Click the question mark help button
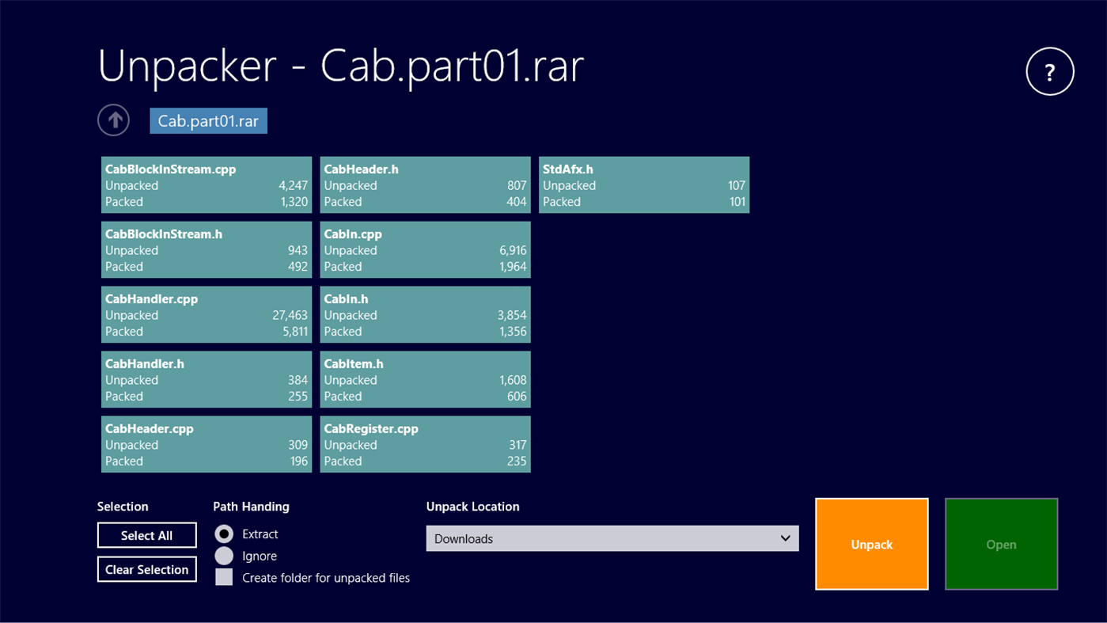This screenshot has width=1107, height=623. pyautogui.click(x=1050, y=71)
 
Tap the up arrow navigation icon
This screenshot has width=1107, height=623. pyautogui.click(x=114, y=120)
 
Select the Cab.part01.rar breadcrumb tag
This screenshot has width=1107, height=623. pyautogui.click(x=209, y=120)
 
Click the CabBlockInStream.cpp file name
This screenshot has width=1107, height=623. pyautogui.click(x=170, y=169)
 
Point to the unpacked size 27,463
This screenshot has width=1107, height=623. pyautogui.click(x=290, y=315)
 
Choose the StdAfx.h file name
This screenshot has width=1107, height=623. pyautogui.click(x=568, y=169)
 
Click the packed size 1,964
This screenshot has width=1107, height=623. pyautogui.click(x=513, y=267)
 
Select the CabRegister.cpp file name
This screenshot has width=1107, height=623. pyautogui.click(x=371, y=429)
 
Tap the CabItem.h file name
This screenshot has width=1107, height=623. pyautogui.click(x=354, y=364)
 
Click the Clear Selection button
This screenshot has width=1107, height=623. pyautogui.click(x=146, y=569)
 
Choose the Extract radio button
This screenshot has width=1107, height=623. pyautogui.click(x=224, y=534)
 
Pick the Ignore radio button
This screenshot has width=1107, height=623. pyautogui.click(x=224, y=556)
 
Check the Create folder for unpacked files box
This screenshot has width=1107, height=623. pyautogui.click(x=224, y=577)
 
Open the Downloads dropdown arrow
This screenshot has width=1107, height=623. pyautogui.click(x=785, y=538)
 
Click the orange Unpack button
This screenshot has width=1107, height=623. pyautogui.click(x=872, y=544)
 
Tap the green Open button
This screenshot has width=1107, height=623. pyautogui.click(x=1002, y=544)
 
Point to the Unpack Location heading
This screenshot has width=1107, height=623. pyautogui.click(x=473, y=507)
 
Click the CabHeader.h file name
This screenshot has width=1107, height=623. pyautogui.click(x=362, y=169)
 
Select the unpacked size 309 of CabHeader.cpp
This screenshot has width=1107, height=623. pyautogui.click(x=298, y=445)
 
